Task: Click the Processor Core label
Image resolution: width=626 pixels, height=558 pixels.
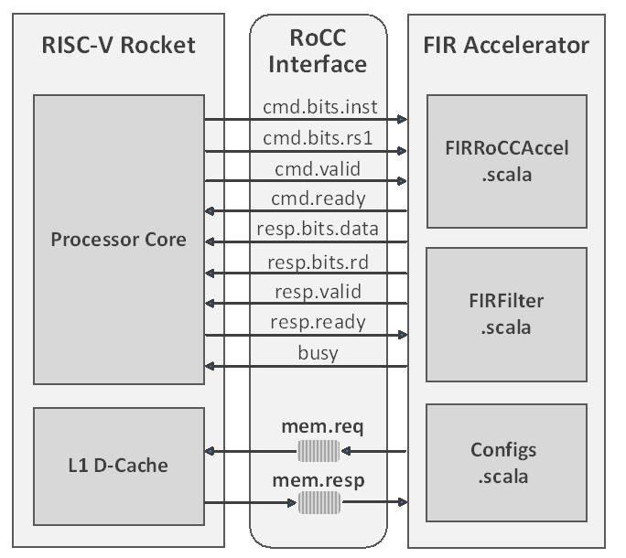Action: [118, 241]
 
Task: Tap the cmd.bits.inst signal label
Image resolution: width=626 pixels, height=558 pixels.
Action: [319, 107]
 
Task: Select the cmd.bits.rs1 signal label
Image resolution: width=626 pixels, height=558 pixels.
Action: [319, 139]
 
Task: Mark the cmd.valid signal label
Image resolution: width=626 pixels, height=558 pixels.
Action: [318, 169]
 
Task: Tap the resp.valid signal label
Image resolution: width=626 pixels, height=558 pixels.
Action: [318, 292]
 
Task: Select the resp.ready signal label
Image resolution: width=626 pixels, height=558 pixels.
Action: [318, 322]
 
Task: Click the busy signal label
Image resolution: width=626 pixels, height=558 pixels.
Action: [318, 353]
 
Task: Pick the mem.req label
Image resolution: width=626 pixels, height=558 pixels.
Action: [318, 427]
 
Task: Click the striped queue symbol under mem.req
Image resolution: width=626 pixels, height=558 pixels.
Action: [318, 450]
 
